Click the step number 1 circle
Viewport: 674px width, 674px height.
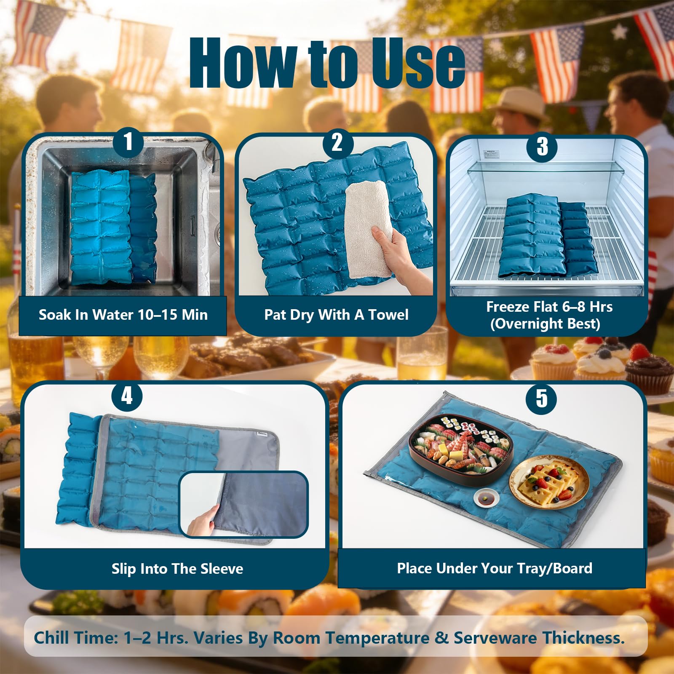click(128, 142)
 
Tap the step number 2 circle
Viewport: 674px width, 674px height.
click(337, 143)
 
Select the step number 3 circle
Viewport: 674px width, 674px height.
click(543, 146)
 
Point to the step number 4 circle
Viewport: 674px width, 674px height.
click(127, 396)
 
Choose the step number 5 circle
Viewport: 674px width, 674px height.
click(542, 399)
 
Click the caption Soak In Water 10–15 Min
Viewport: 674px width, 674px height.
click(123, 315)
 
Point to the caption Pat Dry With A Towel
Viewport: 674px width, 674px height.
click(336, 315)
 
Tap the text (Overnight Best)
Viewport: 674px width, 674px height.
click(545, 324)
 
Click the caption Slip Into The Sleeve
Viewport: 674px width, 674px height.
click(177, 569)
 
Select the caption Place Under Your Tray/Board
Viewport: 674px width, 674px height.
click(495, 568)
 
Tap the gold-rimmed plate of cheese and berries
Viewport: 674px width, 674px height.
click(549, 482)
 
